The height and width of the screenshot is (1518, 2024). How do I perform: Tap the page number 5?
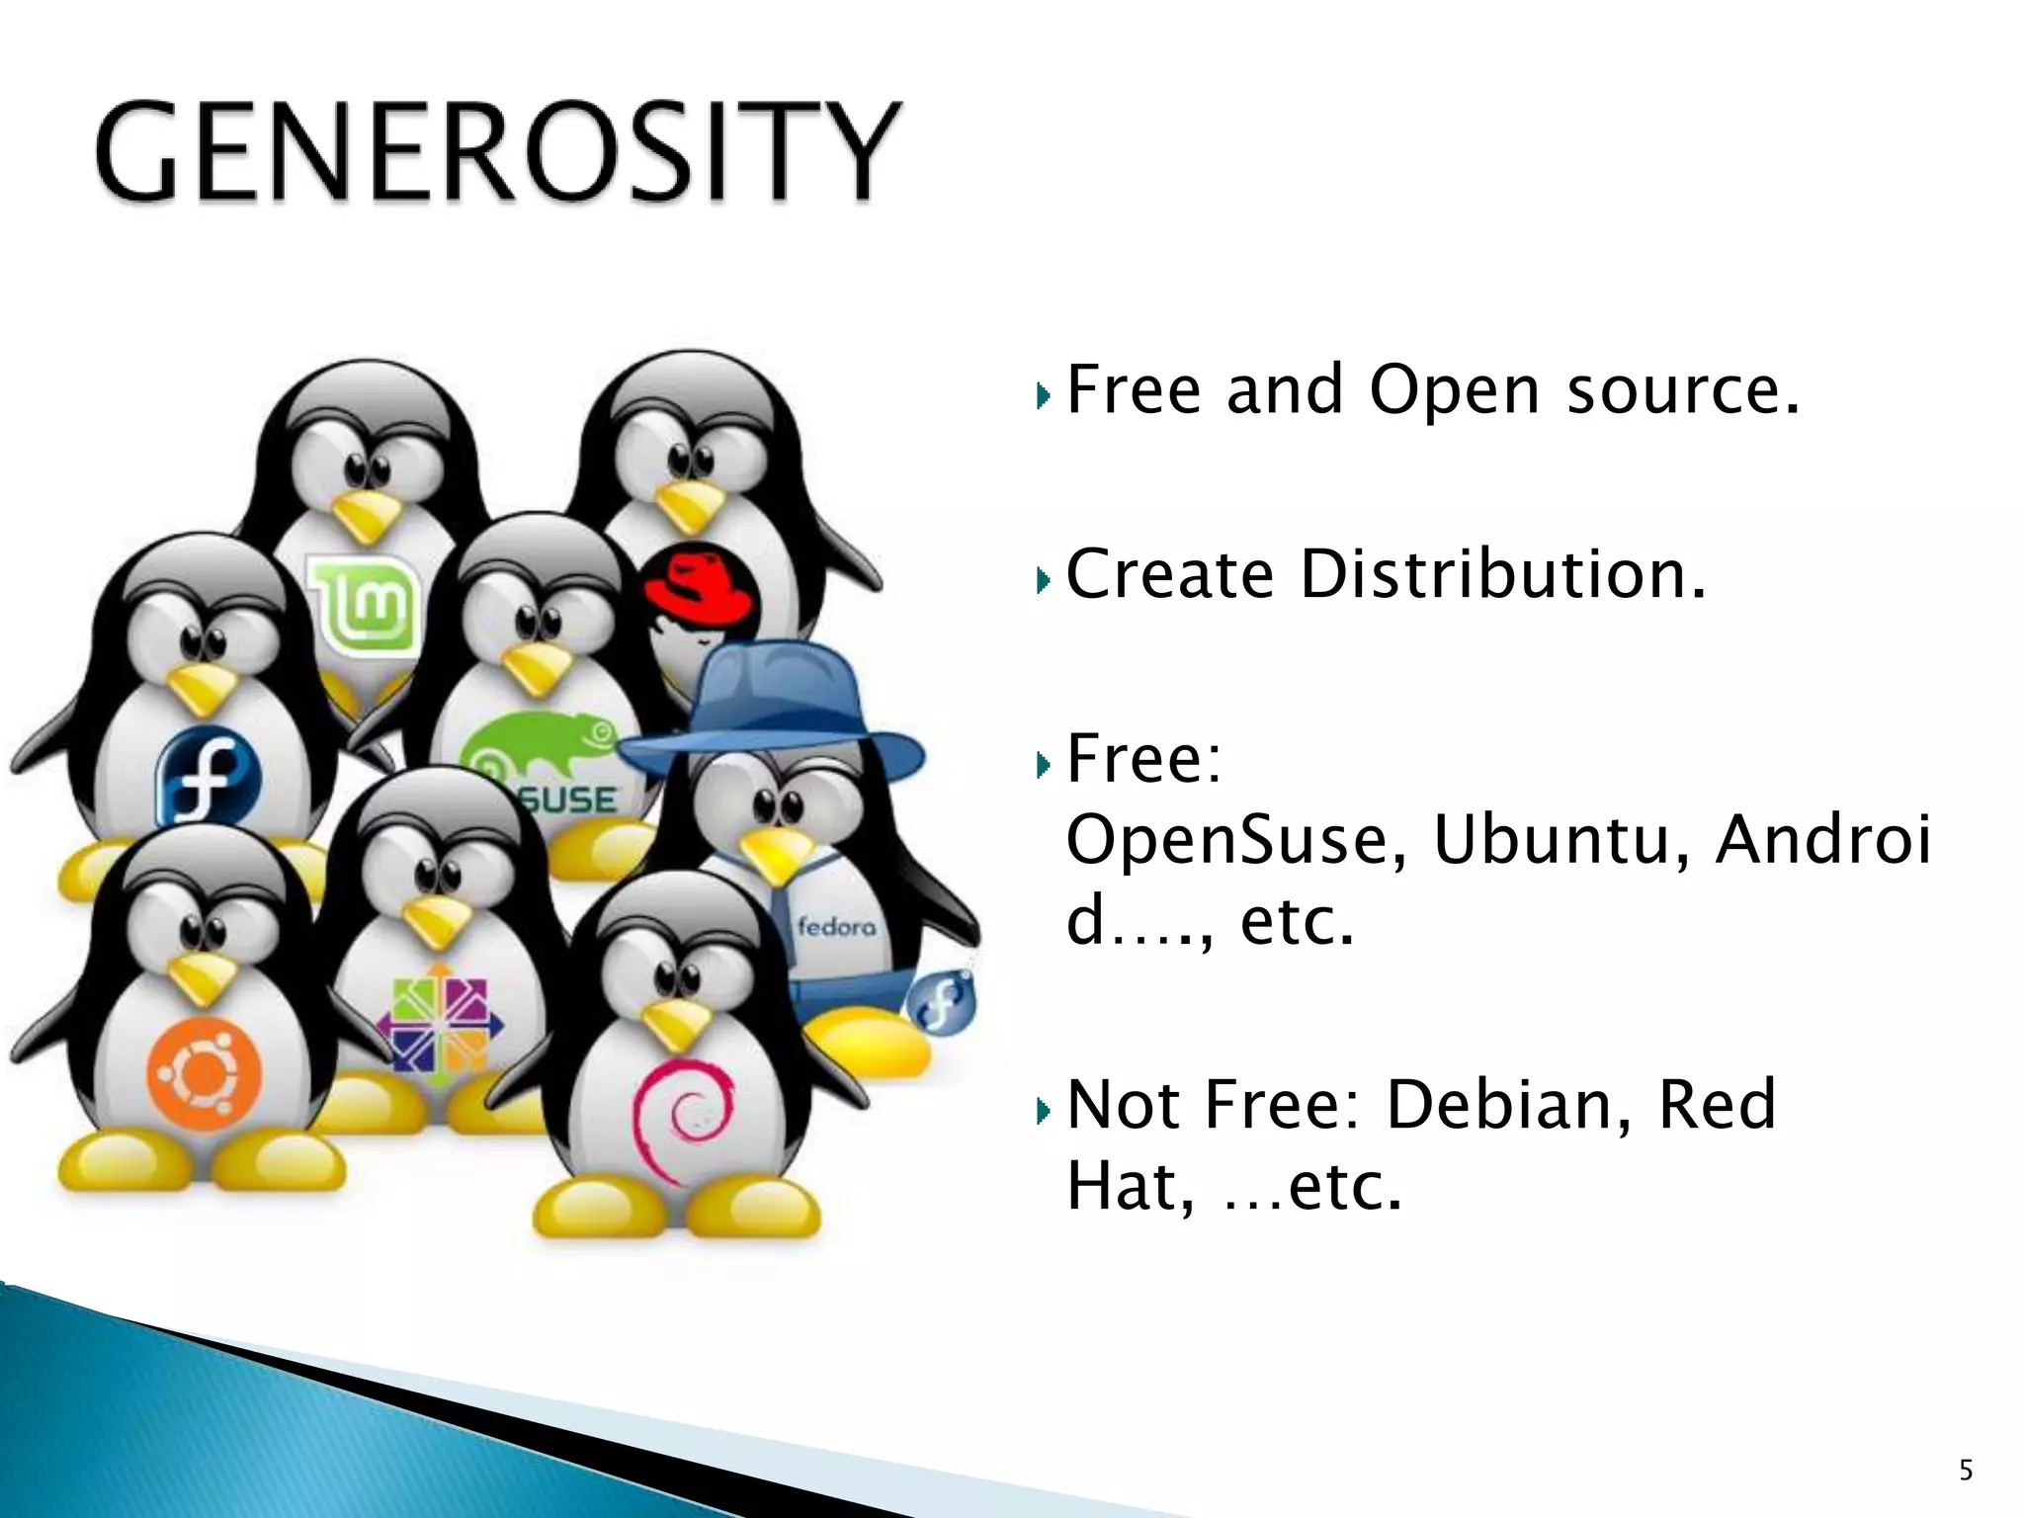pos(1965,1472)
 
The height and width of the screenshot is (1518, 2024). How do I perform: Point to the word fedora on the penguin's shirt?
pos(836,927)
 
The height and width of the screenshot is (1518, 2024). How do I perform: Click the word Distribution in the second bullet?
pos(1502,574)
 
